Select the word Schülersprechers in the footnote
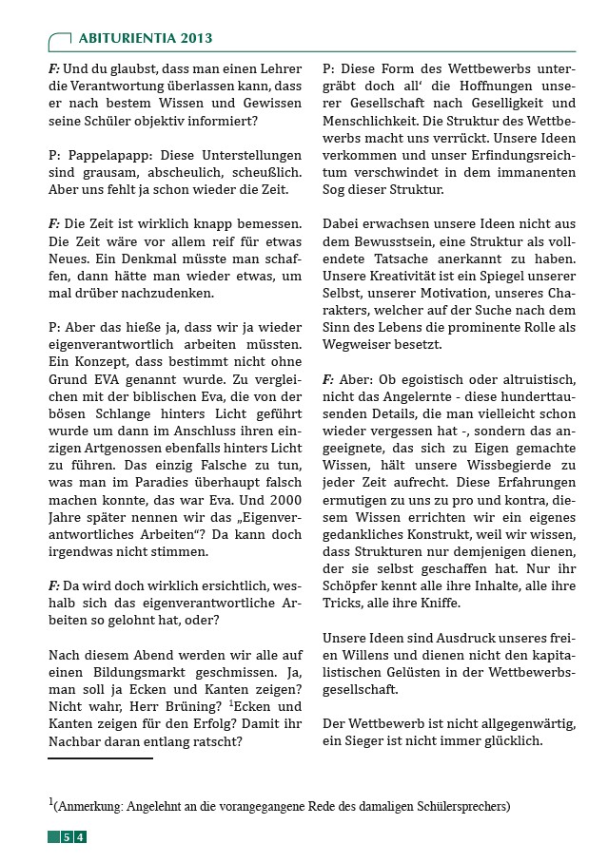(461, 807)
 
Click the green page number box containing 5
(67, 837)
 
